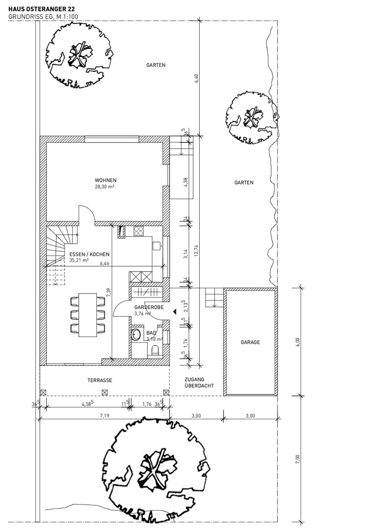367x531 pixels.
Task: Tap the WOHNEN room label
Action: coord(105,180)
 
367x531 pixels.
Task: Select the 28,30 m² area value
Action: coord(104,186)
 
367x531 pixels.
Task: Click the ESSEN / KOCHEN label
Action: coord(89,254)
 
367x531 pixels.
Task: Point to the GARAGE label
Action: coord(250,342)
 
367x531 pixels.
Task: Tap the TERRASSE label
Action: coord(100,380)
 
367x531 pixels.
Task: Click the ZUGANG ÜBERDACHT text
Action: coord(199,383)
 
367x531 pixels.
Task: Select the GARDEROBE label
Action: coord(149,307)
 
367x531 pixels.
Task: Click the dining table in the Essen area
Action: coord(88,315)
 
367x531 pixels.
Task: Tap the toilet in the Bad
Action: coord(155,350)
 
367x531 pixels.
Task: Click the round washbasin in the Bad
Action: coord(136,335)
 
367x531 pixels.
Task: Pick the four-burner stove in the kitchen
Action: coord(138,231)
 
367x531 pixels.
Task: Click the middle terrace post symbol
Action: coord(105,392)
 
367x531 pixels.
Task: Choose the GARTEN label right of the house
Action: coord(244,182)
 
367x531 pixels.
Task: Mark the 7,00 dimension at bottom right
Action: coord(297,459)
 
